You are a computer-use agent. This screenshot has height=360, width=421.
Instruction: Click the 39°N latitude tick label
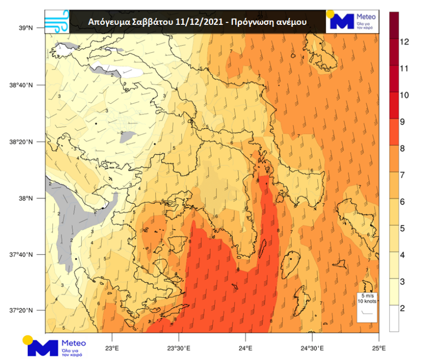26,28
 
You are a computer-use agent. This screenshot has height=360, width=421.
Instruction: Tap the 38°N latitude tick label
26,198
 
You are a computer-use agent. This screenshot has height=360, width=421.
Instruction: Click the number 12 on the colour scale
404,42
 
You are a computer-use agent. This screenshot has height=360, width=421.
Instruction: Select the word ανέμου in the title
290,22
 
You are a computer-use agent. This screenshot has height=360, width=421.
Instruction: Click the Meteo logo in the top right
353,22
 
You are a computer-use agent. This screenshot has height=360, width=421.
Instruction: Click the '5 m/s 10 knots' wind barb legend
366,306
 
